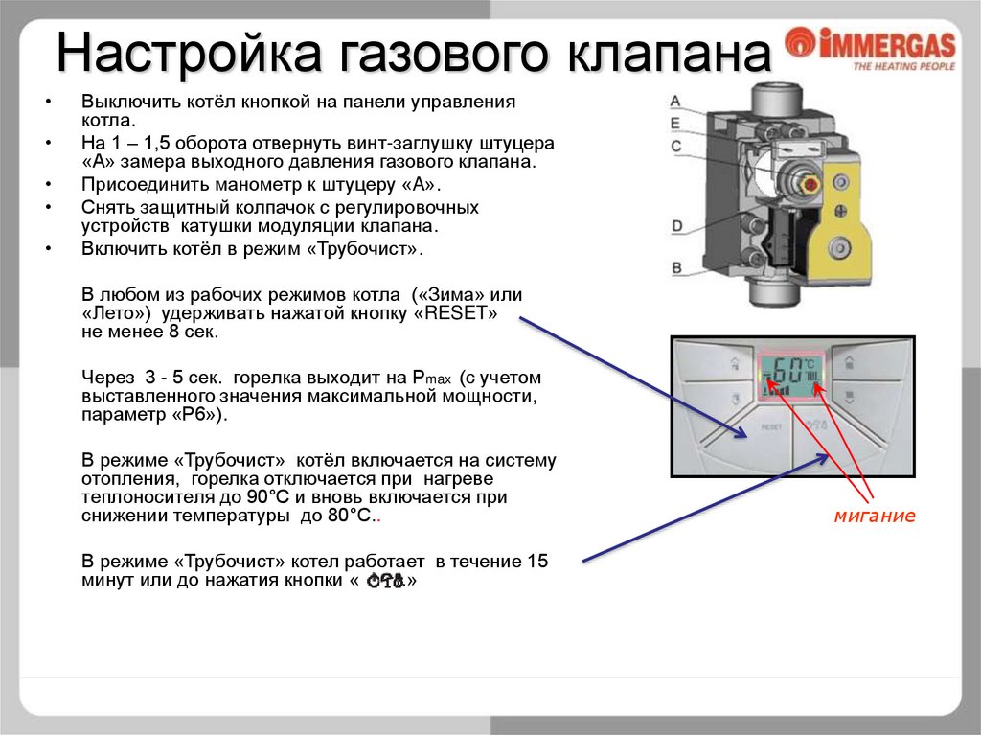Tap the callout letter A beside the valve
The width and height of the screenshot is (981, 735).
[x=674, y=101]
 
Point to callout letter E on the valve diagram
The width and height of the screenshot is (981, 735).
[x=674, y=123]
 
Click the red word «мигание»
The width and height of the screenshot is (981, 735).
[x=875, y=517]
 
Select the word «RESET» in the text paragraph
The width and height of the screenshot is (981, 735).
[x=466, y=314]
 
